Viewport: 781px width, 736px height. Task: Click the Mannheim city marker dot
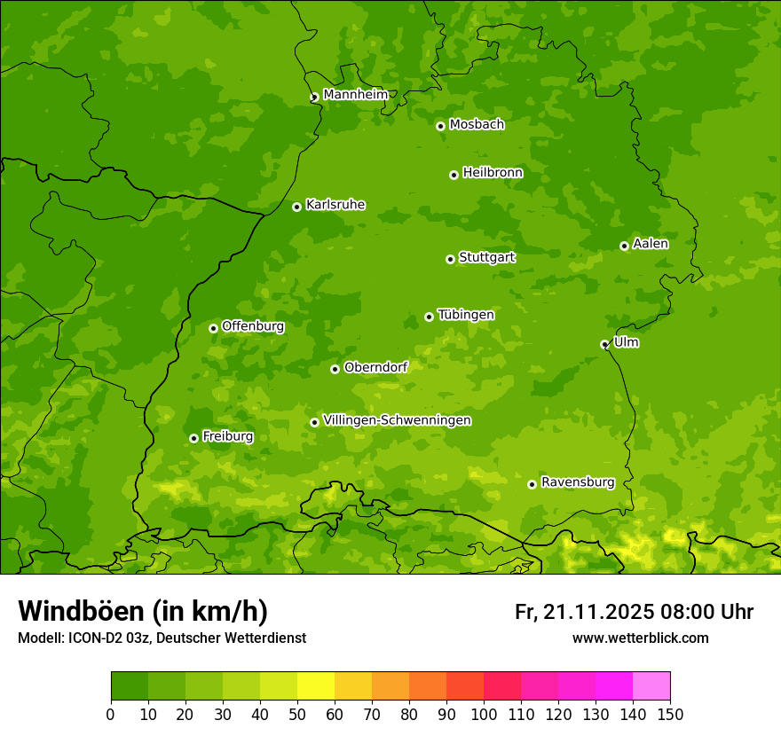(314, 98)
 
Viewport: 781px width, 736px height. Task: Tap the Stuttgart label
(486, 257)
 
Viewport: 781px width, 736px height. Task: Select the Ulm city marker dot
(604, 345)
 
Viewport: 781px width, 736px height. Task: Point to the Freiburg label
(227, 436)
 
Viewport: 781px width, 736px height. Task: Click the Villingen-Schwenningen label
(397, 420)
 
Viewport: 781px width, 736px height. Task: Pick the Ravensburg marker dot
(532, 484)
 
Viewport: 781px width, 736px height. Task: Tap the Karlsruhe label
(335, 205)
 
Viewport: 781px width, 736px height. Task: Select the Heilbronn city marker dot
(454, 175)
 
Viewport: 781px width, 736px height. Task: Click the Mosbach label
(477, 125)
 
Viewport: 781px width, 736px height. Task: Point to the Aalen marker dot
(624, 246)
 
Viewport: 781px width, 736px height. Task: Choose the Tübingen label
(466, 315)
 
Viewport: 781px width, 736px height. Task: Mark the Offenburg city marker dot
(213, 328)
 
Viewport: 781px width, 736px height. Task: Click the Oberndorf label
(375, 367)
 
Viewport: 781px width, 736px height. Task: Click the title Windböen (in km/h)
(142, 611)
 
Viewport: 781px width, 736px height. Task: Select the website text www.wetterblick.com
(640, 638)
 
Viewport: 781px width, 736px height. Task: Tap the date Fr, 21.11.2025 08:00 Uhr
(634, 612)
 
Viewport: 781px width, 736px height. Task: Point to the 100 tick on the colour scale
(484, 713)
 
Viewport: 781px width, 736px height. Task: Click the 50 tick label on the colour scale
(297, 713)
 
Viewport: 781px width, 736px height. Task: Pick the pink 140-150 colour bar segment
(651, 686)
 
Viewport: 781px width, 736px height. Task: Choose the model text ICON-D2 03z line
(162, 638)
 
